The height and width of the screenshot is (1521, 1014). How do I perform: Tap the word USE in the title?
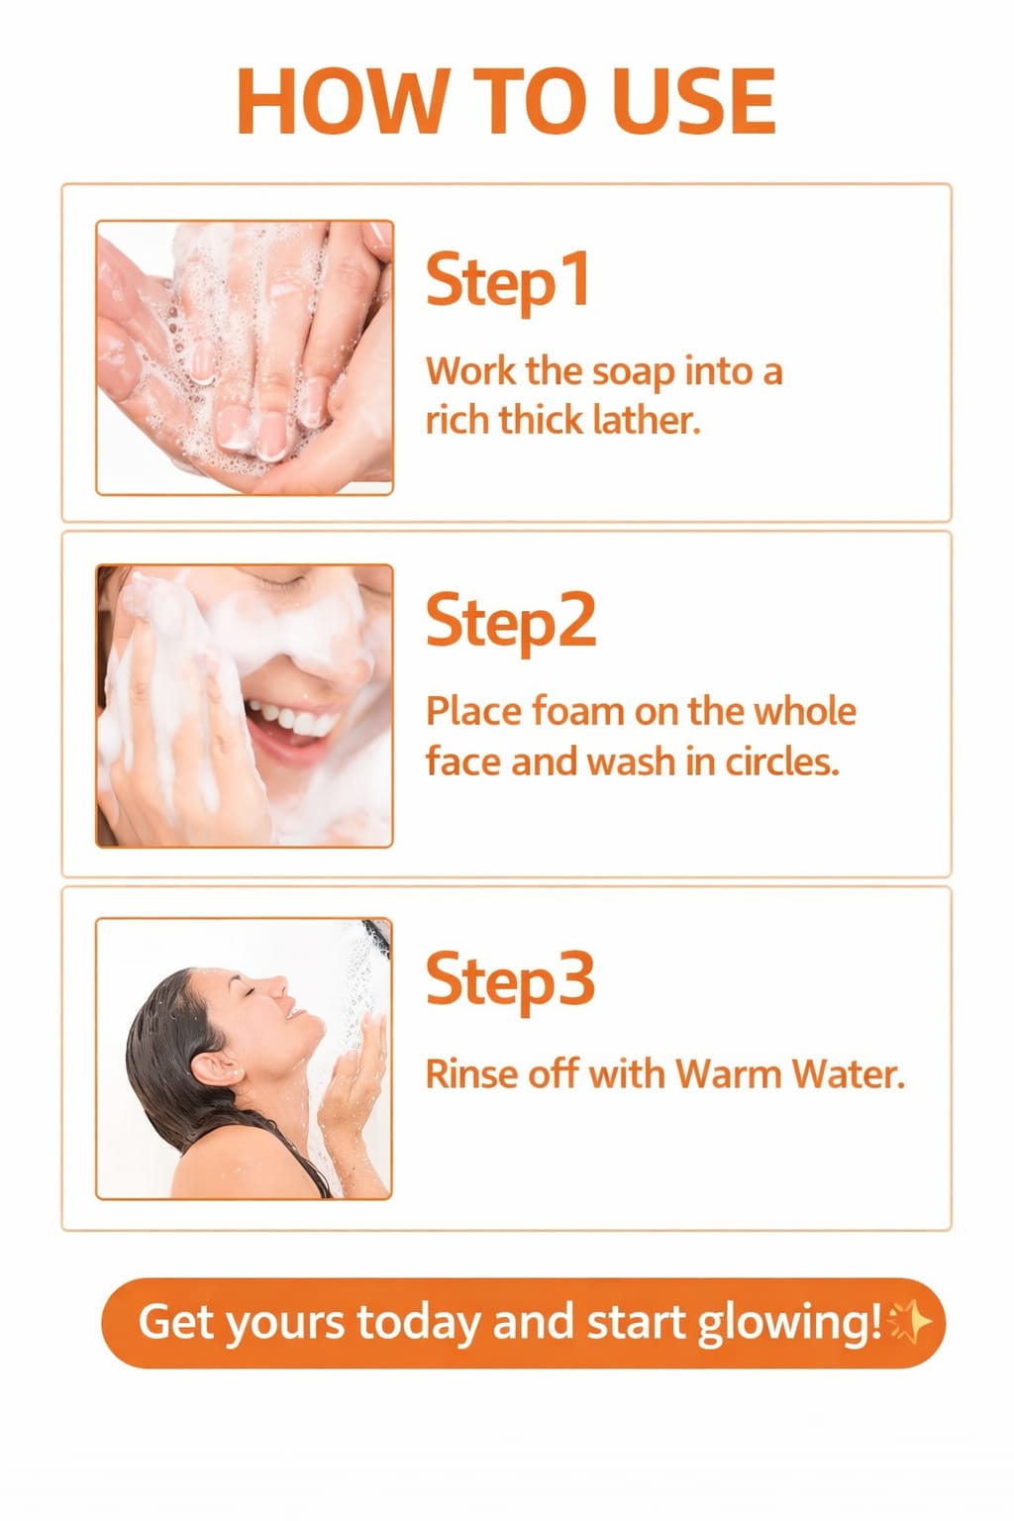pyautogui.click(x=693, y=101)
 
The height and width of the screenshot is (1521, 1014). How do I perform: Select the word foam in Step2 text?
pyautogui.click(x=578, y=711)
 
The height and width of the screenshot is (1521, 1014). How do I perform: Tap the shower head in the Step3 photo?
pyautogui.click(x=377, y=933)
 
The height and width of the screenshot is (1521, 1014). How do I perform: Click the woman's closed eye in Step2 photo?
pyautogui.click(x=282, y=581)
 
